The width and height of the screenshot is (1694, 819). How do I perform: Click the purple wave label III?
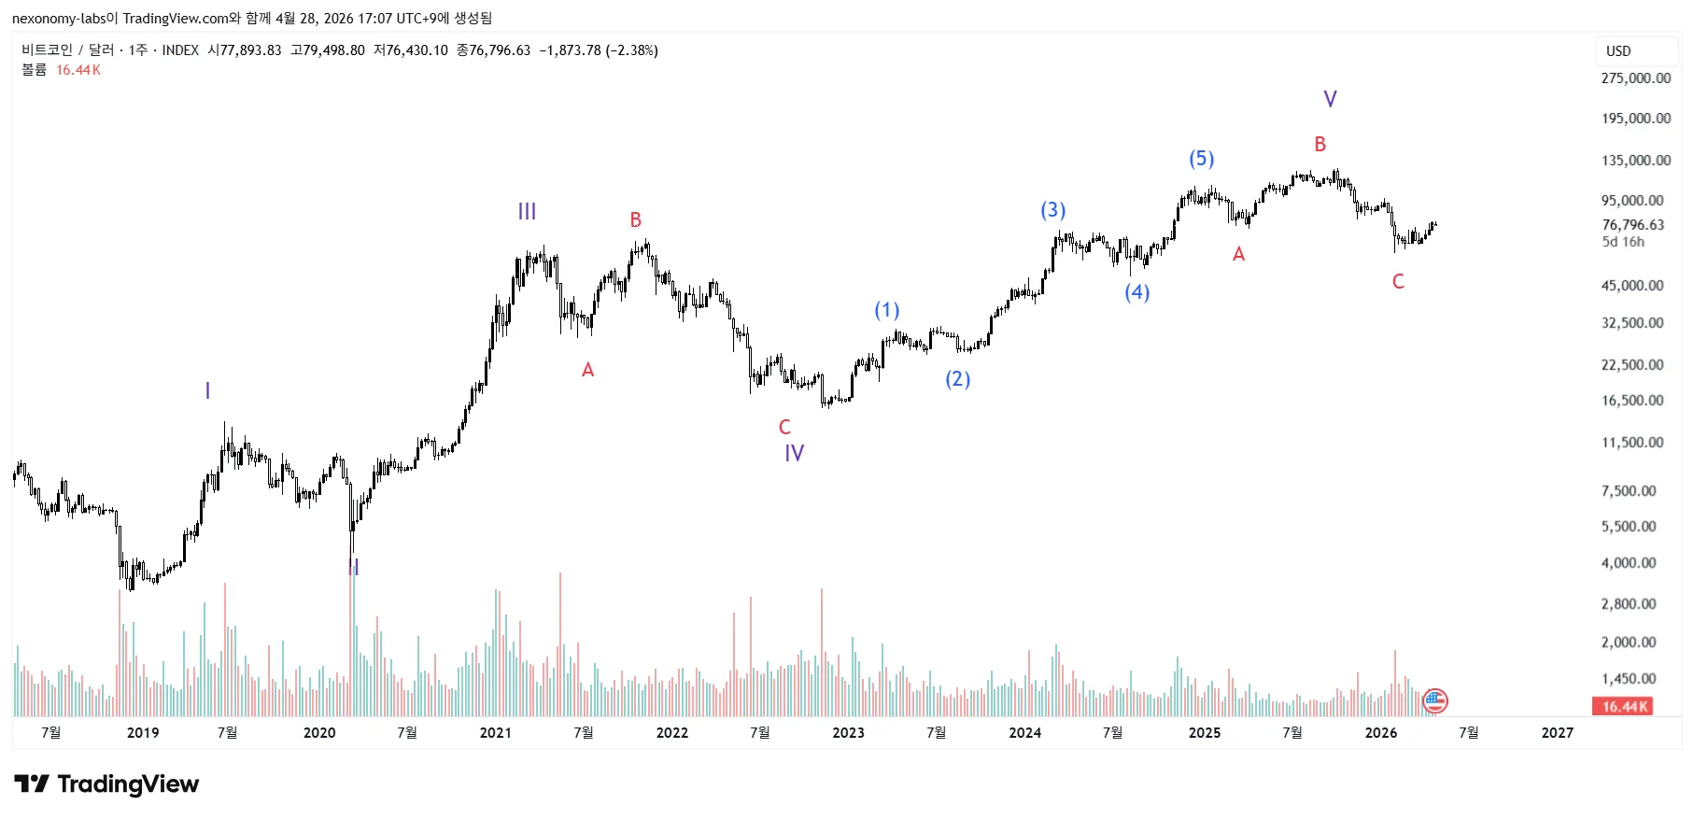[527, 212]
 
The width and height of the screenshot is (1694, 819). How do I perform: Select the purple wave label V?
[1330, 99]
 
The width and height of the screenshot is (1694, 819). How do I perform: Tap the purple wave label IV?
[794, 454]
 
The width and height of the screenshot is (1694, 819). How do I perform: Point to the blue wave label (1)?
[886, 310]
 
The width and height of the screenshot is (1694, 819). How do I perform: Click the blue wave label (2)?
[957, 379]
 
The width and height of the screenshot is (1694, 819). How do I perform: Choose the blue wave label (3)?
[1052, 210]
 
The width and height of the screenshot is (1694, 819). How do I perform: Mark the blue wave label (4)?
[1136, 292]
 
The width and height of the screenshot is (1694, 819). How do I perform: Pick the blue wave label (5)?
[1201, 159]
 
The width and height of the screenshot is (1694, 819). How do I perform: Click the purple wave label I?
[207, 391]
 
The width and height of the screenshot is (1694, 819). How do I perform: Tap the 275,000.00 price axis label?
[1635, 78]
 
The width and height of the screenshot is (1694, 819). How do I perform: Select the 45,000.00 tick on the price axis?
[1631, 286]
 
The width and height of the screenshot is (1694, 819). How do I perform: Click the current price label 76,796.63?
[1632, 225]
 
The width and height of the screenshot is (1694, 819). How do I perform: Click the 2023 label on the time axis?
[848, 733]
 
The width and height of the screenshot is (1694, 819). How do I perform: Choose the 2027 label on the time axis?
[1557, 733]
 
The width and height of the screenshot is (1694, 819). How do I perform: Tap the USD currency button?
[1618, 51]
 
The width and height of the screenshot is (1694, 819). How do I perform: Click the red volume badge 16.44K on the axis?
[1625, 707]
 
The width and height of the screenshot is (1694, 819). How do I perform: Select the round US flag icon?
[1434, 700]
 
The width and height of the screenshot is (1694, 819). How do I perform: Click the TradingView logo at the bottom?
[106, 784]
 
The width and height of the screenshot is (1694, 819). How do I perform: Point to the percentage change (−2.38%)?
[632, 50]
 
